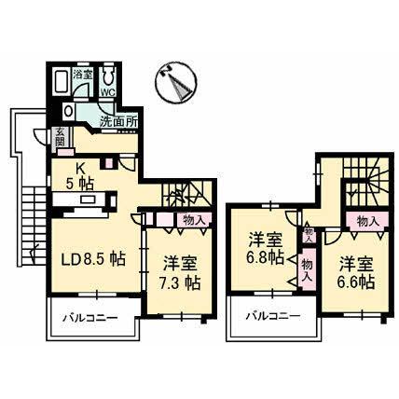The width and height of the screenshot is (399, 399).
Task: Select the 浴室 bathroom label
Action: tap(82, 74)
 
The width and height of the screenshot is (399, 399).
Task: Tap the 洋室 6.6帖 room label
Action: tap(357, 270)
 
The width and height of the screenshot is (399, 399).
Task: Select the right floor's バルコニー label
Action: tap(272, 318)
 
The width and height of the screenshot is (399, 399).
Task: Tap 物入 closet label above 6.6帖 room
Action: tap(367, 221)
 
